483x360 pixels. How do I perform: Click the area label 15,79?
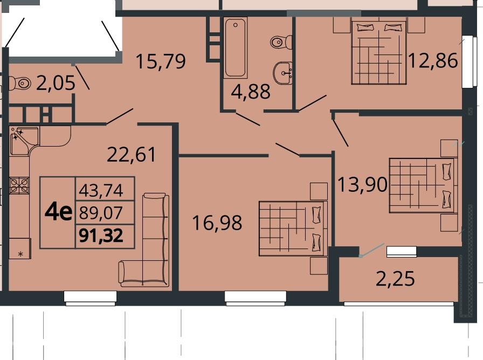(x=161, y=61)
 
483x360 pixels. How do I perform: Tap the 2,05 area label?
(x=56, y=83)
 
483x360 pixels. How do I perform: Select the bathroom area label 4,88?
(x=251, y=92)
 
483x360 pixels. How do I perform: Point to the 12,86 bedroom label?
(x=433, y=60)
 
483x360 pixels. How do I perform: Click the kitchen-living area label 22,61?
(x=132, y=155)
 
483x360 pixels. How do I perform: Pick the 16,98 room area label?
(x=217, y=223)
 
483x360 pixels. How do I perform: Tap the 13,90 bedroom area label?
(x=363, y=184)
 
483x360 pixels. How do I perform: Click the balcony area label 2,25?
(x=396, y=279)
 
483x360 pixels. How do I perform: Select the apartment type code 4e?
(x=59, y=212)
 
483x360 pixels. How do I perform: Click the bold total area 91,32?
(x=101, y=236)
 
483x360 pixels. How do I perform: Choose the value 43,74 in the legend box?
(x=101, y=190)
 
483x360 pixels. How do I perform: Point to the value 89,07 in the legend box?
(x=101, y=213)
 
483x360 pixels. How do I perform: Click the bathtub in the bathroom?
(x=236, y=48)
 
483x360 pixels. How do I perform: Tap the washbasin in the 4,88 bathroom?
(x=283, y=73)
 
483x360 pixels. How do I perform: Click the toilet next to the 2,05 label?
(x=20, y=83)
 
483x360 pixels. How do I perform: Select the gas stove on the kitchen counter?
(x=19, y=186)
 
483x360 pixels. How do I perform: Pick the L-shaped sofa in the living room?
(x=144, y=240)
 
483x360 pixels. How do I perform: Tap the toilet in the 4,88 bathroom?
(x=281, y=41)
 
